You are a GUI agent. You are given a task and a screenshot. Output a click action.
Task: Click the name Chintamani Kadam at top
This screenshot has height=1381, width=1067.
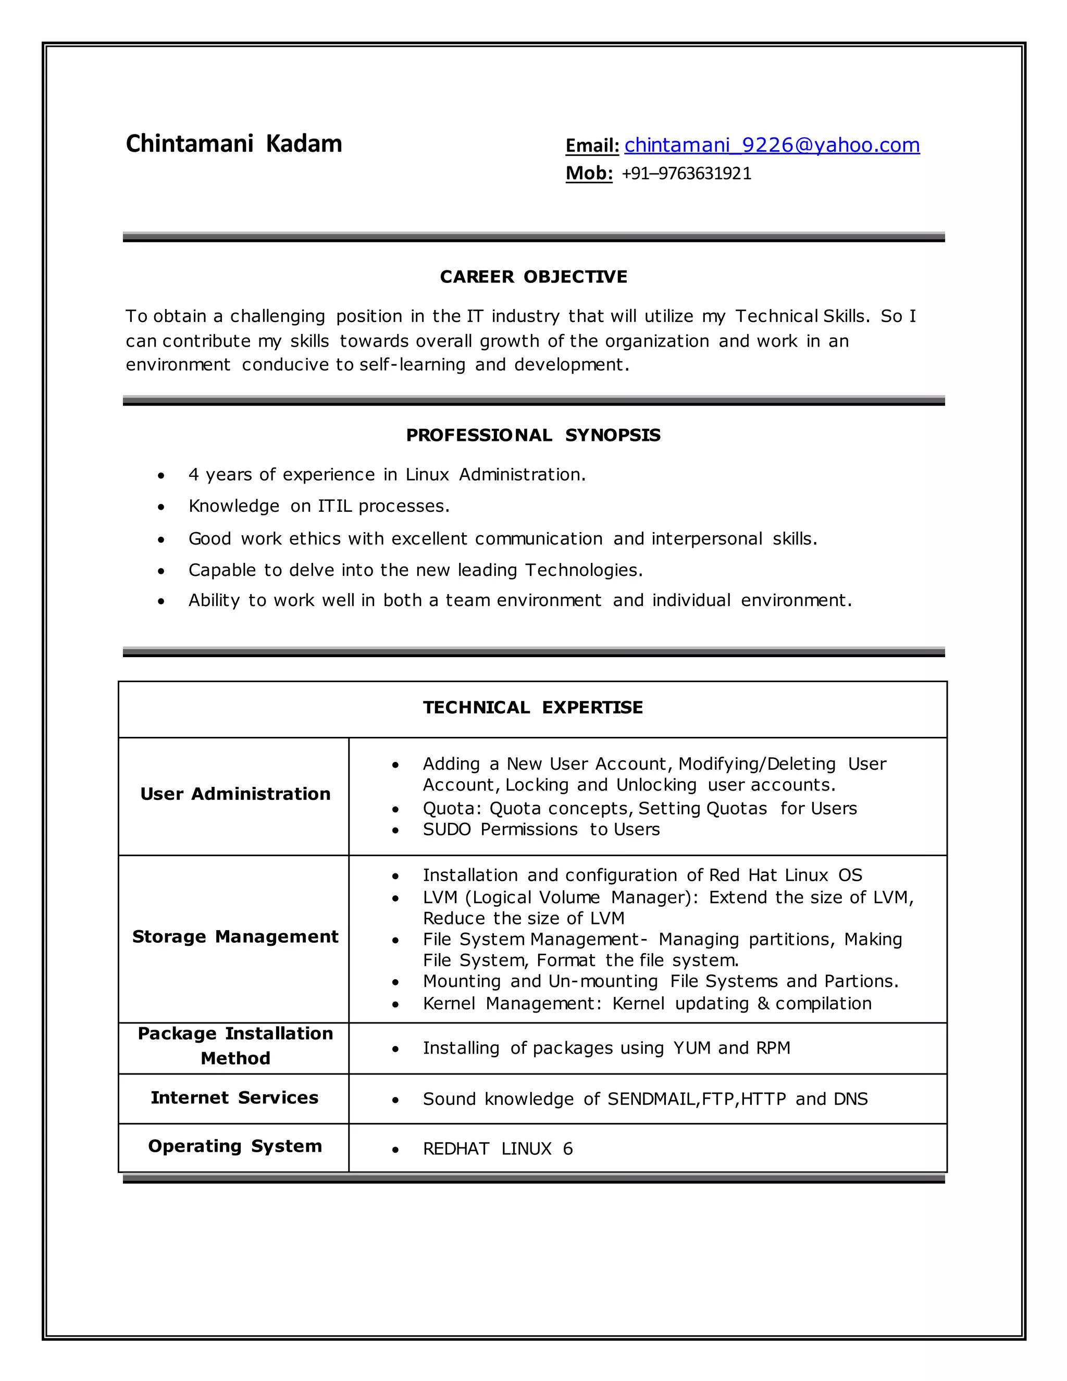(x=234, y=144)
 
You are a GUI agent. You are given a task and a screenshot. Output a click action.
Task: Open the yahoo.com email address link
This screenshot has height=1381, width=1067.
(x=772, y=145)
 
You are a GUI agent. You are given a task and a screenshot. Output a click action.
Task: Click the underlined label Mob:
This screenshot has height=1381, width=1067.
(x=589, y=173)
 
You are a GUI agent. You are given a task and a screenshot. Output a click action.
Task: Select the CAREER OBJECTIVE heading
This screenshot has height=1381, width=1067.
(x=533, y=277)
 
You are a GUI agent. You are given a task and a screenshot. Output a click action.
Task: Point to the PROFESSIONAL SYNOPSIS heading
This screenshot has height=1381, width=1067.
(x=533, y=435)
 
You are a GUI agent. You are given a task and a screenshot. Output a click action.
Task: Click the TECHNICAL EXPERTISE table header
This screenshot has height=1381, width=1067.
(x=533, y=707)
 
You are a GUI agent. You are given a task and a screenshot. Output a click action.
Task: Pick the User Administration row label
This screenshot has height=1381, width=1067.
(x=235, y=794)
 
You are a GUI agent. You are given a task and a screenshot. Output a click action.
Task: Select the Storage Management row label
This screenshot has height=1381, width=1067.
(x=235, y=936)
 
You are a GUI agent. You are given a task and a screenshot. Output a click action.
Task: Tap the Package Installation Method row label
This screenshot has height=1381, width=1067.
(x=235, y=1046)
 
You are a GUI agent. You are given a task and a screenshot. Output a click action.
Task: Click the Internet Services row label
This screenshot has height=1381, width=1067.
(x=234, y=1098)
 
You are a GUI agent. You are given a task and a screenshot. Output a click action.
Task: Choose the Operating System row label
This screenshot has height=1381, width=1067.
(x=235, y=1146)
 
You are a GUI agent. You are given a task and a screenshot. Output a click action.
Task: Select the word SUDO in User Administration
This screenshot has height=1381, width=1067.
(x=446, y=830)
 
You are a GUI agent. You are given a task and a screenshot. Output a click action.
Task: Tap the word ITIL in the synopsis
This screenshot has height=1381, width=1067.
(x=334, y=507)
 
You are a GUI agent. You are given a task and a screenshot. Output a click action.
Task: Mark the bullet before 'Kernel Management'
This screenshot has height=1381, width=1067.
(x=395, y=1005)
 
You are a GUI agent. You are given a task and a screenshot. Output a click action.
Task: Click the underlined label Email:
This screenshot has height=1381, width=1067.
(x=592, y=146)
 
